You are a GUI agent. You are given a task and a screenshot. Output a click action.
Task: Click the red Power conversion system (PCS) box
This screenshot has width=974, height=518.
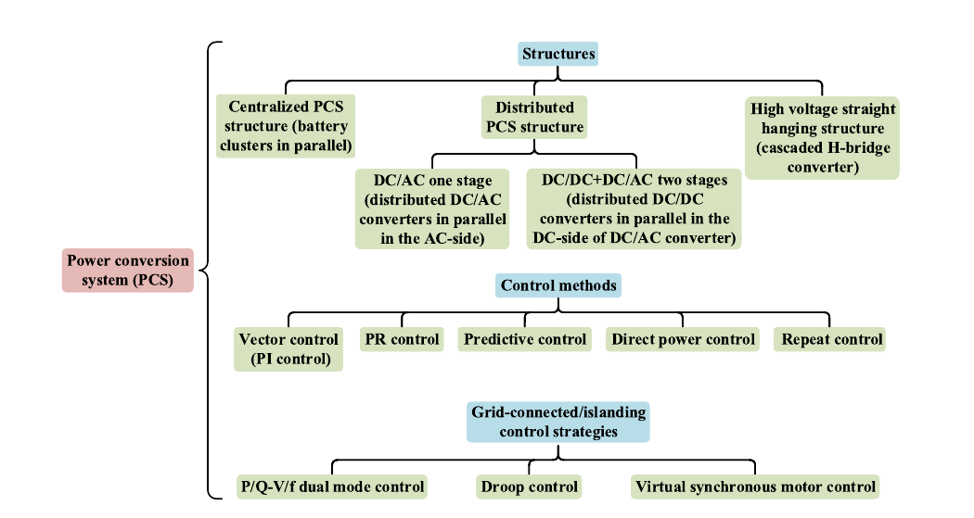coord(128,270)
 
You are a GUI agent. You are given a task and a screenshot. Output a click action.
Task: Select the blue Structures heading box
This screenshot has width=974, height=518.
coord(558,54)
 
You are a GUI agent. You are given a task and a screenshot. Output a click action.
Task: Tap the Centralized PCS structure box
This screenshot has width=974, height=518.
coord(286,126)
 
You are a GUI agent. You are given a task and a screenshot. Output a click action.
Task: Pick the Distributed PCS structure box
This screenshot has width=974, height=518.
coord(533,117)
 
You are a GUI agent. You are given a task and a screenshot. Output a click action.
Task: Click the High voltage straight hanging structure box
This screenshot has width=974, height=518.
coord(823,137)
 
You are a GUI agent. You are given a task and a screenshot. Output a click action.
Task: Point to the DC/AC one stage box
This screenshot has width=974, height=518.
coord(431,209)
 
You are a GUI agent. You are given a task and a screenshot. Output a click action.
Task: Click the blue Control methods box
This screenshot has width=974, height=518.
coord(558,285)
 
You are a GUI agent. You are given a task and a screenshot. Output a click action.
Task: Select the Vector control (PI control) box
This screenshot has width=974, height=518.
coord(289,348)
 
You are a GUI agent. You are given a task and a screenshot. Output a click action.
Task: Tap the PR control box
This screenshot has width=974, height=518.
coord(402,339)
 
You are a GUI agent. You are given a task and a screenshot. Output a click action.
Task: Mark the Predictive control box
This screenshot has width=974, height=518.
coord(525,339)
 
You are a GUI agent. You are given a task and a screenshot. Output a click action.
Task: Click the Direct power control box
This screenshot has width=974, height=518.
coord(683,339)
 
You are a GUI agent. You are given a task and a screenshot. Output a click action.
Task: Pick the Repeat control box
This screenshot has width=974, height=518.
coord(831,339)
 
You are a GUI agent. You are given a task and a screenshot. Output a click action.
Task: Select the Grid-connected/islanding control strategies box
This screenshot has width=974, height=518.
coord(558,422)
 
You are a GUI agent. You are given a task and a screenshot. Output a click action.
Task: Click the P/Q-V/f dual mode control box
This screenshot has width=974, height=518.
coord(332,486)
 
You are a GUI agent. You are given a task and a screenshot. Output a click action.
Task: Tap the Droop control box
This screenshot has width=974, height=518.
coord(529,486)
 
